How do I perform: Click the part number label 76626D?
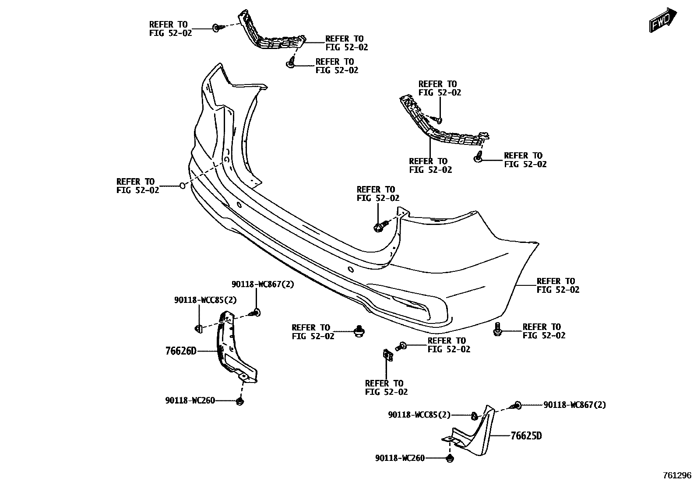pos(181,351)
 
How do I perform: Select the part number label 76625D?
pos(526,436)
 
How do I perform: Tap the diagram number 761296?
pos(676,475)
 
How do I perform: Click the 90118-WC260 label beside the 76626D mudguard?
pos(190,400)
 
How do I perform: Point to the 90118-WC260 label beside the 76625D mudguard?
pos(400,458)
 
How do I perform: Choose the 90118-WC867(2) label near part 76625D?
pos(575,405)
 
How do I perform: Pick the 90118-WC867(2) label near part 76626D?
pos(263,284)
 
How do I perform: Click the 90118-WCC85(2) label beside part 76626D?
pos(205,300)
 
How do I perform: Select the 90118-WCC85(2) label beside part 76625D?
pos(419,414)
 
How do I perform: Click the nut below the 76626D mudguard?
pos(239,401)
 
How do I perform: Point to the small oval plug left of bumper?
pos(183,186)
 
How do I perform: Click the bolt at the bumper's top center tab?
pos(379,226)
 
